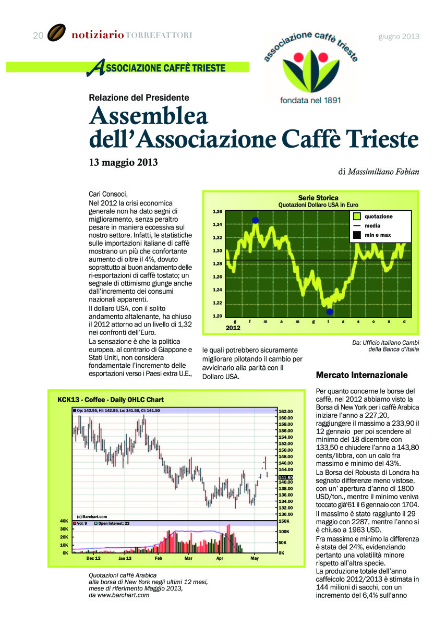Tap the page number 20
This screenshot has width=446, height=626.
(x=38, y=35)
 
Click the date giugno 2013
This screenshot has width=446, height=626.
(x=399, y=36)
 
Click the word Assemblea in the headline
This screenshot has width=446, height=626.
(x=149, y=116)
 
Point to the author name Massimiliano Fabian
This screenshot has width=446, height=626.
(x=383, y=171)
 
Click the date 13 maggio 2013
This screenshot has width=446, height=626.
(x=123, y=162)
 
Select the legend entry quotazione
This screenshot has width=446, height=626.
(x=378, y=216)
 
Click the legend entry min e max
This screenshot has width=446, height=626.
(x=378, y=235)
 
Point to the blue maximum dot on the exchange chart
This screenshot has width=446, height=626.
(x=255, y=220)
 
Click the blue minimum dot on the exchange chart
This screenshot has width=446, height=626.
(x=330, y=311)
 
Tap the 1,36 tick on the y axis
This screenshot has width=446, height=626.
(x=218, y=212)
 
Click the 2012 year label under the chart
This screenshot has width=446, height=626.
(x=233, y=328)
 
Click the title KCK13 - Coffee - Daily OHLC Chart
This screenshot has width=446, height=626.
(x=111, y=400)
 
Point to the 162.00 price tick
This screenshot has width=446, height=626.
(x=286, y=412)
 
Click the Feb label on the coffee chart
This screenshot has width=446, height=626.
(x=159, y=558)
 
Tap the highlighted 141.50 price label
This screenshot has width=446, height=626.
(x=286, y=477)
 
